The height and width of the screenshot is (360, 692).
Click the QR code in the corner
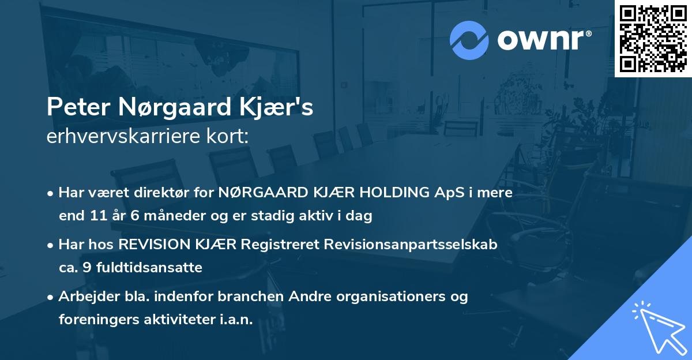click(x=653, y=38)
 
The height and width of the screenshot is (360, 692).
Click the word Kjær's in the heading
click(x=285, y=108)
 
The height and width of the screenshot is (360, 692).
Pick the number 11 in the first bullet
click(x=97, y=216)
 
